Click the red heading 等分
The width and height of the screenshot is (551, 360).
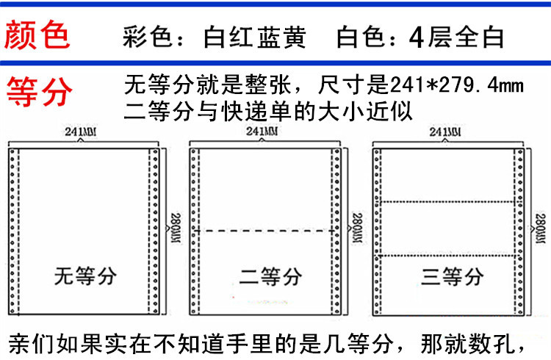40,91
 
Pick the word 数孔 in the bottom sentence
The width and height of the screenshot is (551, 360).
500,342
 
